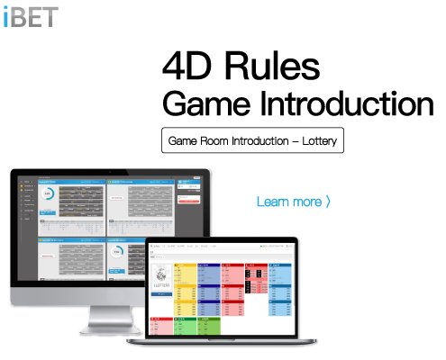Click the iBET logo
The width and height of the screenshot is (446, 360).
tap(30, 16)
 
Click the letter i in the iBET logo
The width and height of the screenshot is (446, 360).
tap(5, 16)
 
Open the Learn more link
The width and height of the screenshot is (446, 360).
tap(288, 201)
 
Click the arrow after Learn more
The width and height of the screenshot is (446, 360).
tap(329, 201)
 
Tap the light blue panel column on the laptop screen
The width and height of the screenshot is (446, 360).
tap(210, 288)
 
